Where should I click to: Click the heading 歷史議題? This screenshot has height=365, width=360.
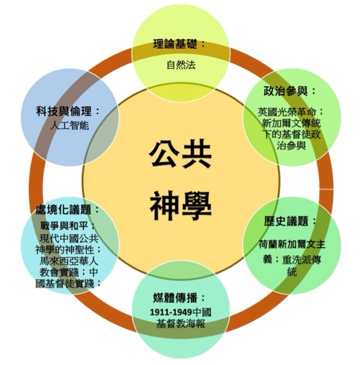coord(287,221)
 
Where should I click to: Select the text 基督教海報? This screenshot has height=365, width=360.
coord(180,324)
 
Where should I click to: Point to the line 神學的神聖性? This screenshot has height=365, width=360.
coord(65,249)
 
